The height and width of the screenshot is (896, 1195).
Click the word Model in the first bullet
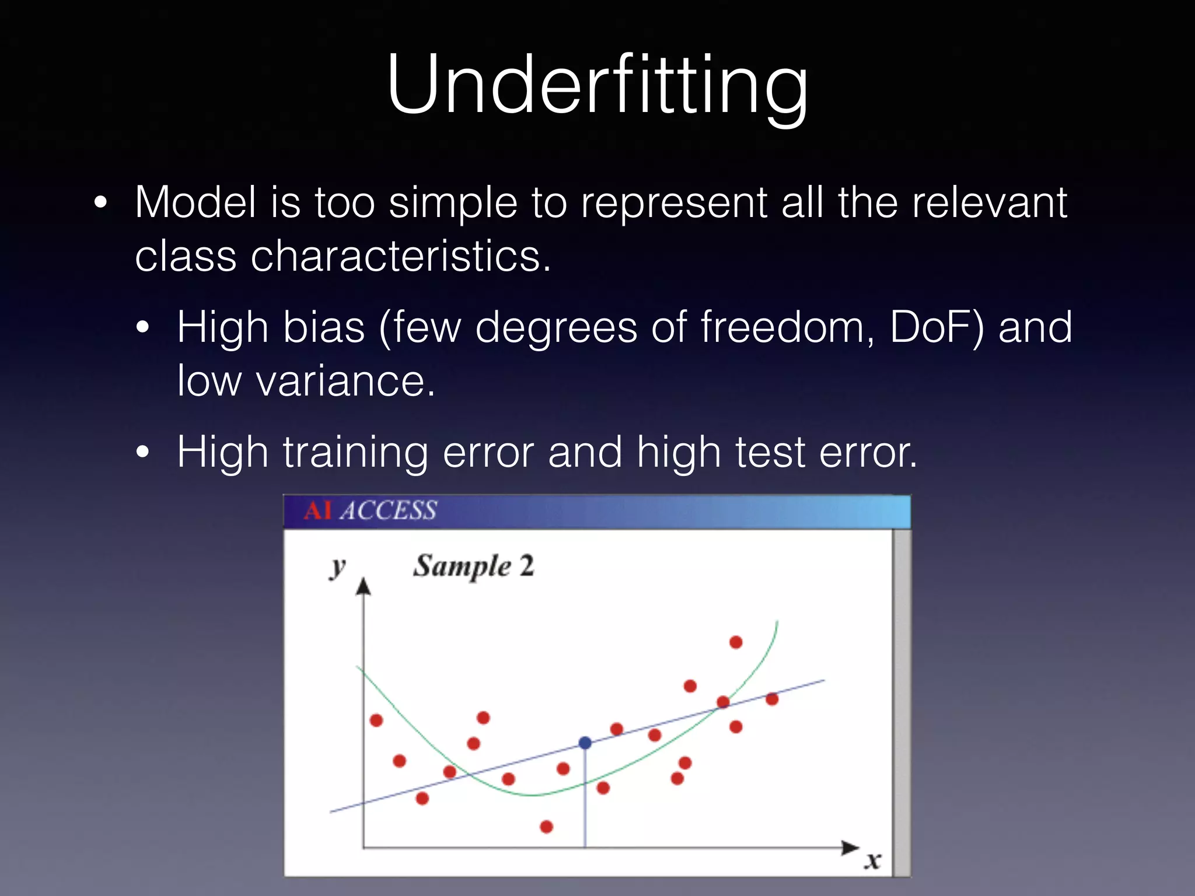coord(195,202)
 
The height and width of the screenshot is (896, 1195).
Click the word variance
coord(345,380)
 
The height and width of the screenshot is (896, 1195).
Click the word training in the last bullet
coord(356,452)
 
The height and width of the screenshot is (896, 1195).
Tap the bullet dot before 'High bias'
coord(143,328)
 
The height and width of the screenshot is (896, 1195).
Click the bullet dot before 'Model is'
coord(100,203)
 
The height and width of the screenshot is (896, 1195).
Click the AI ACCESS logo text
coord(370,511)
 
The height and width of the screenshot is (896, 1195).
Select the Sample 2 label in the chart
coord(473,566)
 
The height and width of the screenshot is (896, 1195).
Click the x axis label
coord(872,860)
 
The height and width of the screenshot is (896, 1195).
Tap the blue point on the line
coord(585,743)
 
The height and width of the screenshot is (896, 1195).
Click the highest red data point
coord(736,642)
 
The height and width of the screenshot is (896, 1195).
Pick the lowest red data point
coord(546,827)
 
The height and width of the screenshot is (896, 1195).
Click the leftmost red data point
coord(376,720)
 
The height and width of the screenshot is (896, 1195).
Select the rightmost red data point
coord(772,699)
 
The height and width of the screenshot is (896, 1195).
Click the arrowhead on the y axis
coord(364,586)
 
